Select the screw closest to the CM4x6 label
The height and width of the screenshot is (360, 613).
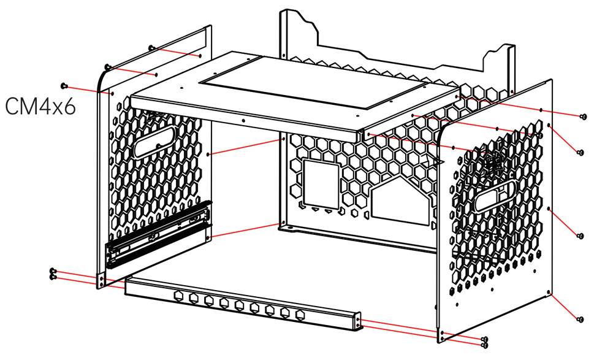pos(64,85)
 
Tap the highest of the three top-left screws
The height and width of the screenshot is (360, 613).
pos(151,47)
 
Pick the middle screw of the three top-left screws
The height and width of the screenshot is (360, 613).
pos(108,66)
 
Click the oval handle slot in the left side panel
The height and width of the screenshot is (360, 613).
pos(156,142)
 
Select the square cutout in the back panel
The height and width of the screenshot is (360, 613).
pos(322,182)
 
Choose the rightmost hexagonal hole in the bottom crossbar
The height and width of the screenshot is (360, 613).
pos(300,314)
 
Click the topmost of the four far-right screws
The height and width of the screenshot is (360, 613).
pos(584,115)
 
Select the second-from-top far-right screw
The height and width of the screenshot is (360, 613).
pos(581,151)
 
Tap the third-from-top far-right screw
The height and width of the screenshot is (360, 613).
pos(581,236)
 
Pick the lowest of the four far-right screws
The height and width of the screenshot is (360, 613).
pos(580,319)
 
